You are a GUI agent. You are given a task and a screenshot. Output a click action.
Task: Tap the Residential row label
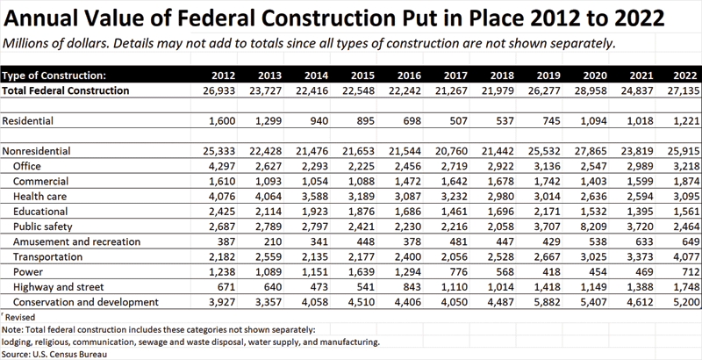click(x=31, y=119)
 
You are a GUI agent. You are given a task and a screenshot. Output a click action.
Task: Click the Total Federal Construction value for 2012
click(x=238, y=90)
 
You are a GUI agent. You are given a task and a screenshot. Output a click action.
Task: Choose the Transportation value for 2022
click(x=682, y=256)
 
